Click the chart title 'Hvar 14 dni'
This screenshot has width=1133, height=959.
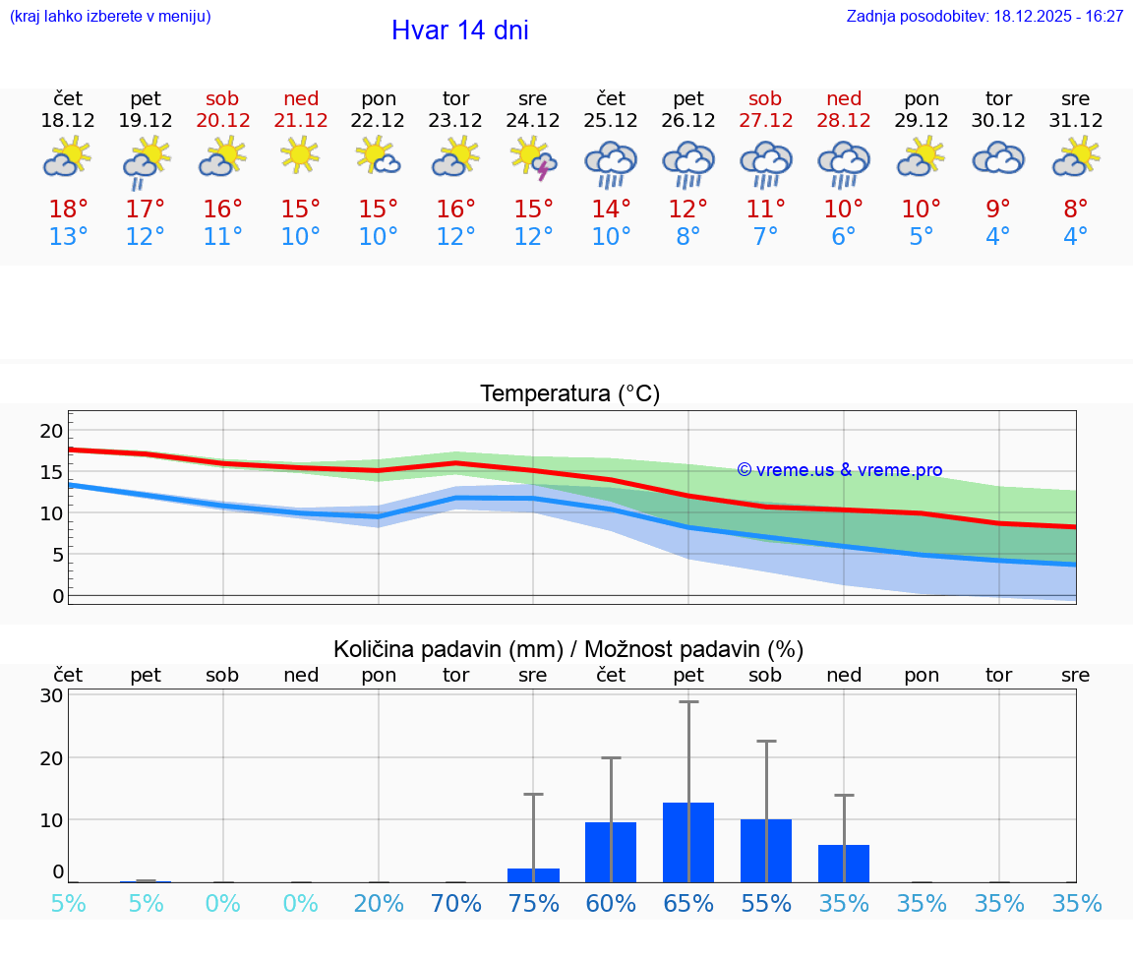coord(459,30)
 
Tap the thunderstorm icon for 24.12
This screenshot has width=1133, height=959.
coord(533,158)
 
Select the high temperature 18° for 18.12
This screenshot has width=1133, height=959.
coord(68,210)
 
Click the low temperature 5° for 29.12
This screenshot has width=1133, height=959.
coord(921,237)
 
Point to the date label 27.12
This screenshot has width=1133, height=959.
coord(765,121)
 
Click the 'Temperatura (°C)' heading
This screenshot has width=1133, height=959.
coord(569,394)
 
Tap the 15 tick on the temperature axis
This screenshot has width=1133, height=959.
coord(51,472)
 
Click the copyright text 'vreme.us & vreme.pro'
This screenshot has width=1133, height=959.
coord(840,470)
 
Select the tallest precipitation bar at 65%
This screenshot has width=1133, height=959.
coord(688,842)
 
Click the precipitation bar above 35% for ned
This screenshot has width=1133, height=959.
coord(843,863)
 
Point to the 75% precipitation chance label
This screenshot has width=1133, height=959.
coord(533,904)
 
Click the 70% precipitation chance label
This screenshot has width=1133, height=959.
coord(456,904)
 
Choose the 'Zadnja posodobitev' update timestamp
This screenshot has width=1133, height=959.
coord(984,17)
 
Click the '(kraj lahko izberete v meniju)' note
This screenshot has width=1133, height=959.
coord(110,17)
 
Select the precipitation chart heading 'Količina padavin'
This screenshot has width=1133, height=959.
coord(568,649)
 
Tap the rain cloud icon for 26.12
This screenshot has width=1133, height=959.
coord(688,162)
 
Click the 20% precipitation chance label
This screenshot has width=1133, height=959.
coord(379,904)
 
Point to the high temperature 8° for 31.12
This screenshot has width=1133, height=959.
coord(1076,210)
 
